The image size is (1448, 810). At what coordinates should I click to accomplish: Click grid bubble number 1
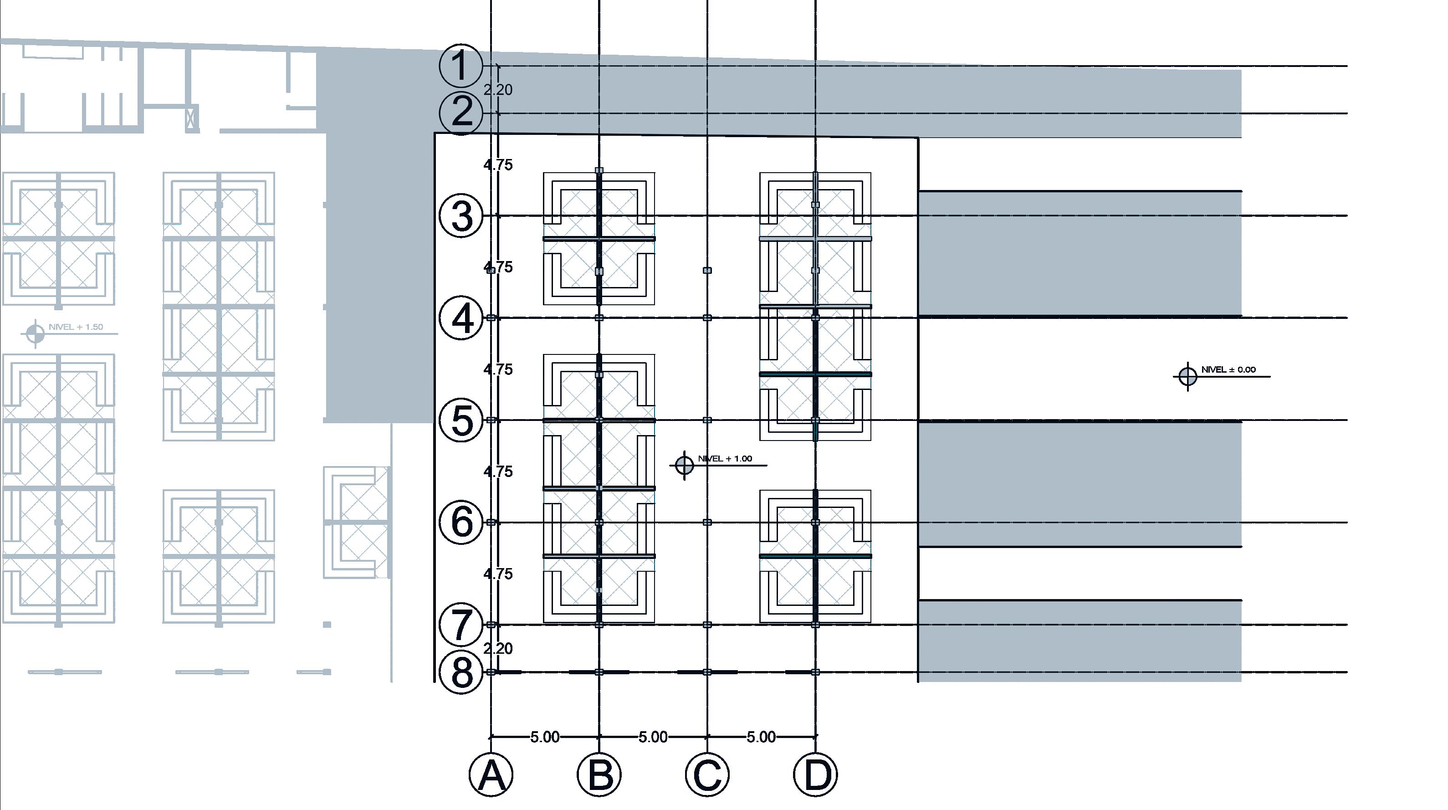460,66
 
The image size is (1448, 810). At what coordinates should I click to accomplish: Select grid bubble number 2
460,113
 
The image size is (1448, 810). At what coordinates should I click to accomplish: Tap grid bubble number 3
460,216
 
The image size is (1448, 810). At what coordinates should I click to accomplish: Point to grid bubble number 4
460,318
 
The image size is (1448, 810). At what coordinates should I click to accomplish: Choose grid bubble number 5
460,420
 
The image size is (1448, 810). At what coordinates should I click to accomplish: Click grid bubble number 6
460,523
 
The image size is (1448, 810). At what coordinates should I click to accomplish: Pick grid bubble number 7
460,625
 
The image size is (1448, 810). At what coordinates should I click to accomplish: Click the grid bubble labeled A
491,774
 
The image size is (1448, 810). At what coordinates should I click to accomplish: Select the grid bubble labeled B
599,774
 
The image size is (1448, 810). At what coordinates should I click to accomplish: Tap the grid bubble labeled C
707,774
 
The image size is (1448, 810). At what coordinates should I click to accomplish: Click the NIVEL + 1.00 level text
725,459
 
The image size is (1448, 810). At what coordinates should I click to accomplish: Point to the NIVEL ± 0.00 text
1228,370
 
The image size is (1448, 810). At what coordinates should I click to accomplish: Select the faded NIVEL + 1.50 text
76,327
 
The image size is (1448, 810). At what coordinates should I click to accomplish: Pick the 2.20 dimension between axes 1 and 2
498,90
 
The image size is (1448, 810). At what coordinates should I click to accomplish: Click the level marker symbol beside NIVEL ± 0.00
1188,376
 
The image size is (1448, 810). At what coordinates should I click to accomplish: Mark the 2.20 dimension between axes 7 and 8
498,649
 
